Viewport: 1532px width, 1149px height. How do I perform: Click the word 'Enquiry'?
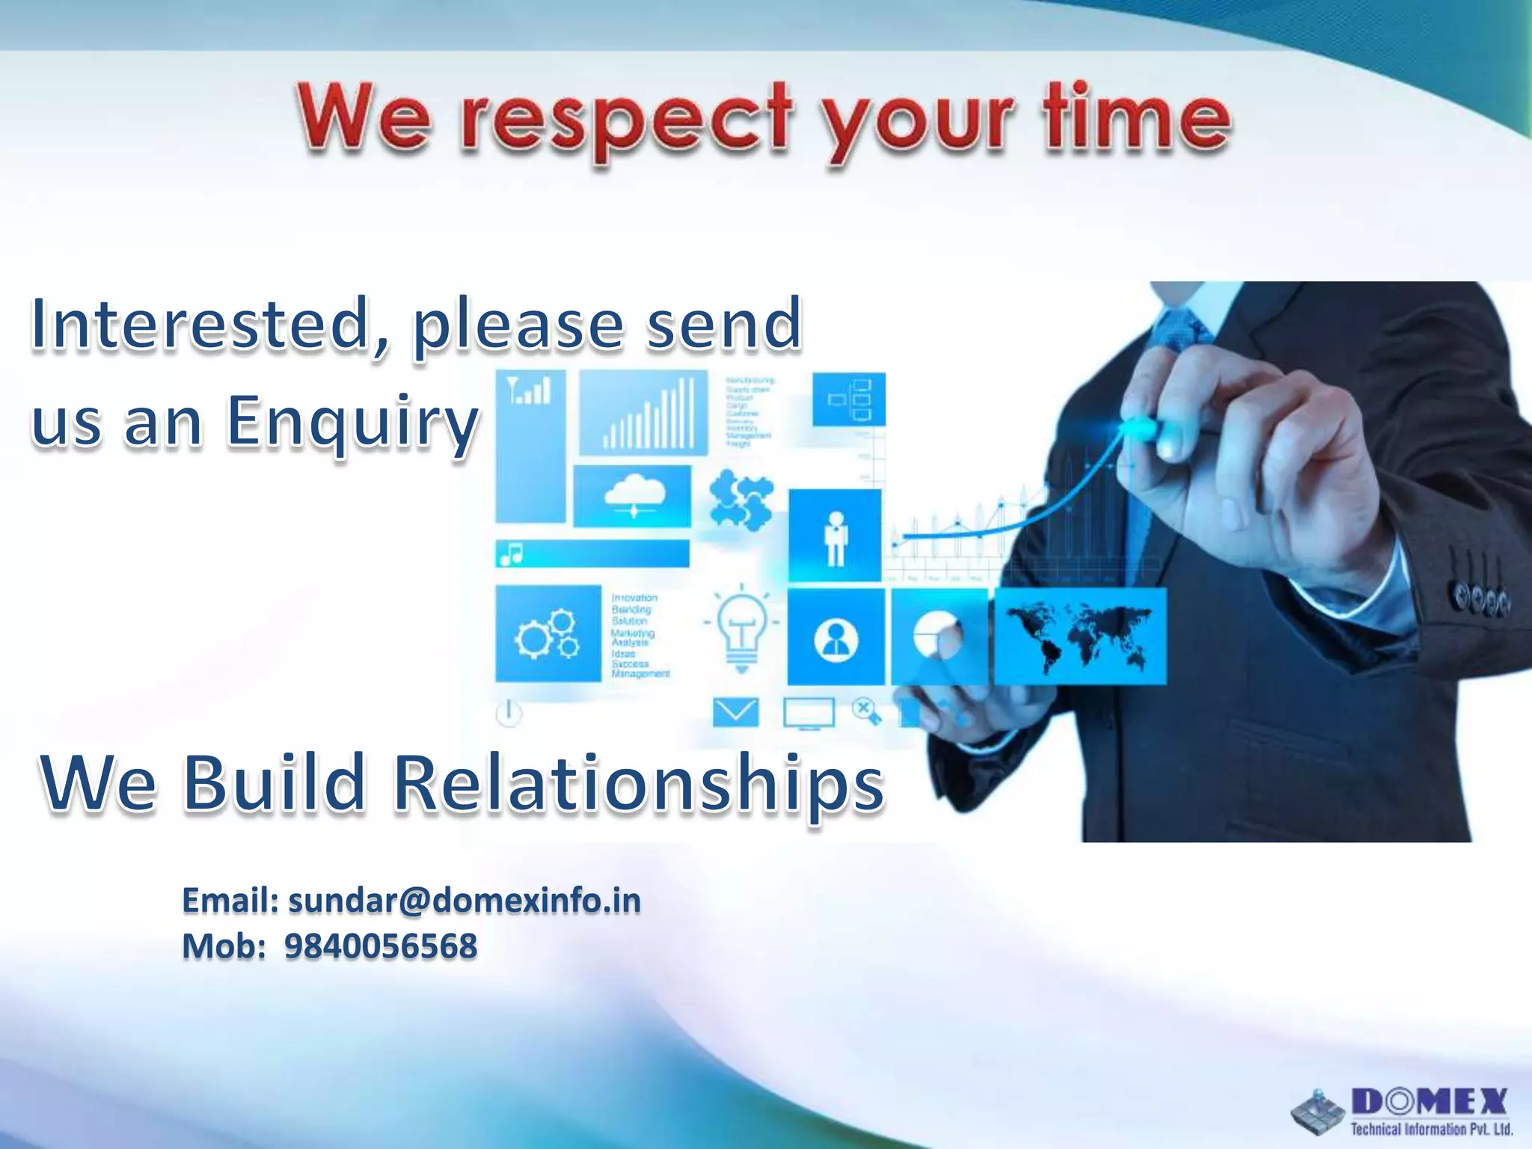[352, 423]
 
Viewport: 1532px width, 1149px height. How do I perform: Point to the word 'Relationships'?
[639, 783]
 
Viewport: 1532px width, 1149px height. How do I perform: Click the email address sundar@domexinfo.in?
[464, 901]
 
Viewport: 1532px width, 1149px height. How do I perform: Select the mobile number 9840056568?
[380, 947]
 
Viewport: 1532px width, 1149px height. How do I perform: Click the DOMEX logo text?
[1429, 1102]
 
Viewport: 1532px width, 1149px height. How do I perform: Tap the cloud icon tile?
[633, 496]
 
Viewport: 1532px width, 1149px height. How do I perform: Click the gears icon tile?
[548, 634]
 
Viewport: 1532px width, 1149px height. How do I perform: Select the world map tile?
[1079, 637]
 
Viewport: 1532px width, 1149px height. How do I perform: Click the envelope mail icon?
[735, 712]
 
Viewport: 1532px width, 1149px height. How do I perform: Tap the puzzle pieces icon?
[741, 500]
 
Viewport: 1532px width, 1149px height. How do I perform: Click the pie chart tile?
[938, 636]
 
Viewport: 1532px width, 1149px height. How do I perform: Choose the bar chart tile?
[643, 413]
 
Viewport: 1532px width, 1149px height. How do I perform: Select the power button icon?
[509, 712]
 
